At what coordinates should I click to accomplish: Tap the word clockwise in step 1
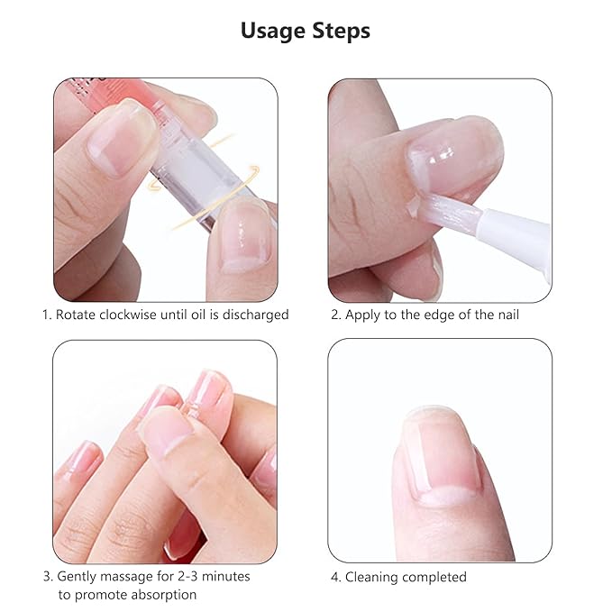[x=133, y=315]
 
